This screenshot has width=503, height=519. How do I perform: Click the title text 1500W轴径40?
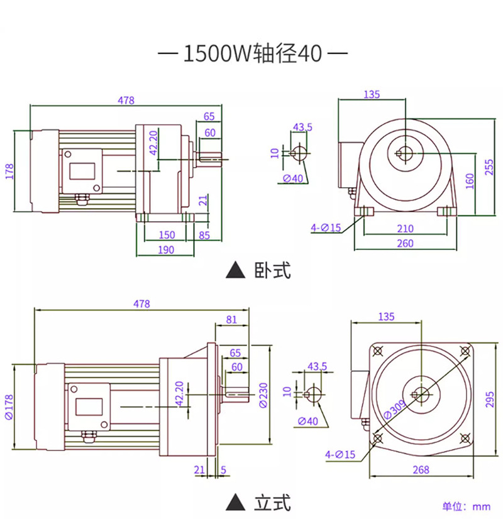tap(252, 53)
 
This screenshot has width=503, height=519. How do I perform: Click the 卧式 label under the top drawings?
tap(272, 270)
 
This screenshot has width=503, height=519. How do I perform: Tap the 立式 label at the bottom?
tap(272, 503)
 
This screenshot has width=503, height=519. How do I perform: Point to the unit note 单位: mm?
tap(467, 506)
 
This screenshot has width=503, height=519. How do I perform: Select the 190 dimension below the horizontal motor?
tap(166, 249)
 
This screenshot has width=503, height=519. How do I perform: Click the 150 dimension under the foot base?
tap(167, 234)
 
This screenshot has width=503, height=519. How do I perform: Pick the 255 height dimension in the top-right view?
tap(489, 167)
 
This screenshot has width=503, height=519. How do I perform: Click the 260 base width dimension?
tap(405, 243)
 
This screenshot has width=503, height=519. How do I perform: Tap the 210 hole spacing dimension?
tap(405, 228)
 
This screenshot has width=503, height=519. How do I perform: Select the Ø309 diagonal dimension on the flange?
tap(394, 410)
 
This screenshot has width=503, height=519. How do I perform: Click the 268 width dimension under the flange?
tap(421, 469)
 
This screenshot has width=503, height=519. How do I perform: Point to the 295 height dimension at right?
tap(489, 399)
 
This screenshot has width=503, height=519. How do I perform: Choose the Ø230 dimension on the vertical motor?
tap(263, 395)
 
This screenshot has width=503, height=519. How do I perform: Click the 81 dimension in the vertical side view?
tap(231, 319)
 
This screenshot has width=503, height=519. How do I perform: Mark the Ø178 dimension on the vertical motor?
tap(9, 407)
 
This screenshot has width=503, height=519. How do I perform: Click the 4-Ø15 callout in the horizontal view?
tap(326, 227)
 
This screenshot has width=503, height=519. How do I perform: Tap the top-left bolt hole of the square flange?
tap(377, 351)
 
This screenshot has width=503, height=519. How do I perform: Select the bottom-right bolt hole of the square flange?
tap(465, 439)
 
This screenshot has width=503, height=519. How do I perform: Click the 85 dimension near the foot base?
tap(204, 235)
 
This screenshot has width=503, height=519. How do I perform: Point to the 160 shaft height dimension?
tap(470, 181)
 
